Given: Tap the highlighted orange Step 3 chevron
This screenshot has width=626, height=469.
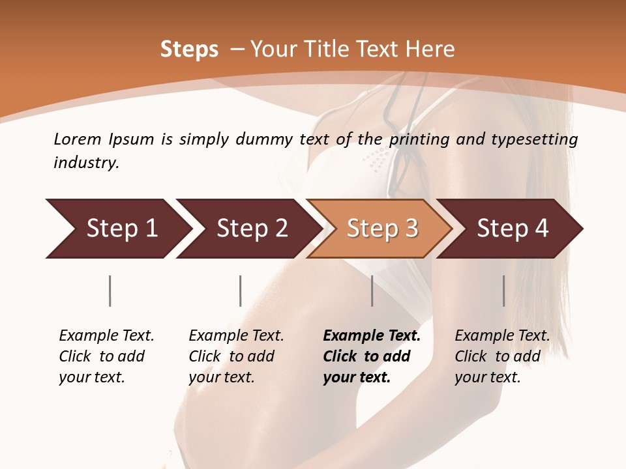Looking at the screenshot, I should point(382,229).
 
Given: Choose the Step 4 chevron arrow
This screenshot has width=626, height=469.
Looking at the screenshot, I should point(513,229).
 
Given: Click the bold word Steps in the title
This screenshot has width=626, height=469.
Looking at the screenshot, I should point(189,50).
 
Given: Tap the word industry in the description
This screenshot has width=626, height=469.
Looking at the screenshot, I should point(86,163).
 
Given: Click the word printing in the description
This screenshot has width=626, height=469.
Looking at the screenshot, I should point(420,139).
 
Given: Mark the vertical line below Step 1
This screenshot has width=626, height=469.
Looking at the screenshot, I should point(110,291).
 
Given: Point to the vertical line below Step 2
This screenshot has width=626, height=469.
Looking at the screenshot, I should point(241,291).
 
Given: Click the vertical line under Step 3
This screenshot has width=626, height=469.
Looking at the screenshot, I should point(372,291).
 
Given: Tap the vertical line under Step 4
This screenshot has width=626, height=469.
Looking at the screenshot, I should point(504,291).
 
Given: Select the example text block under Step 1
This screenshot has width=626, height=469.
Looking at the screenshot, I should point(106,356).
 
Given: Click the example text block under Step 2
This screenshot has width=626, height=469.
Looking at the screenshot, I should point(236,356).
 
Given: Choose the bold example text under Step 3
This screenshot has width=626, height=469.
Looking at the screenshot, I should point(372,356).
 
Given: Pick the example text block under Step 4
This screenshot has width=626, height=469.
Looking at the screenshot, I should point(502,356).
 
